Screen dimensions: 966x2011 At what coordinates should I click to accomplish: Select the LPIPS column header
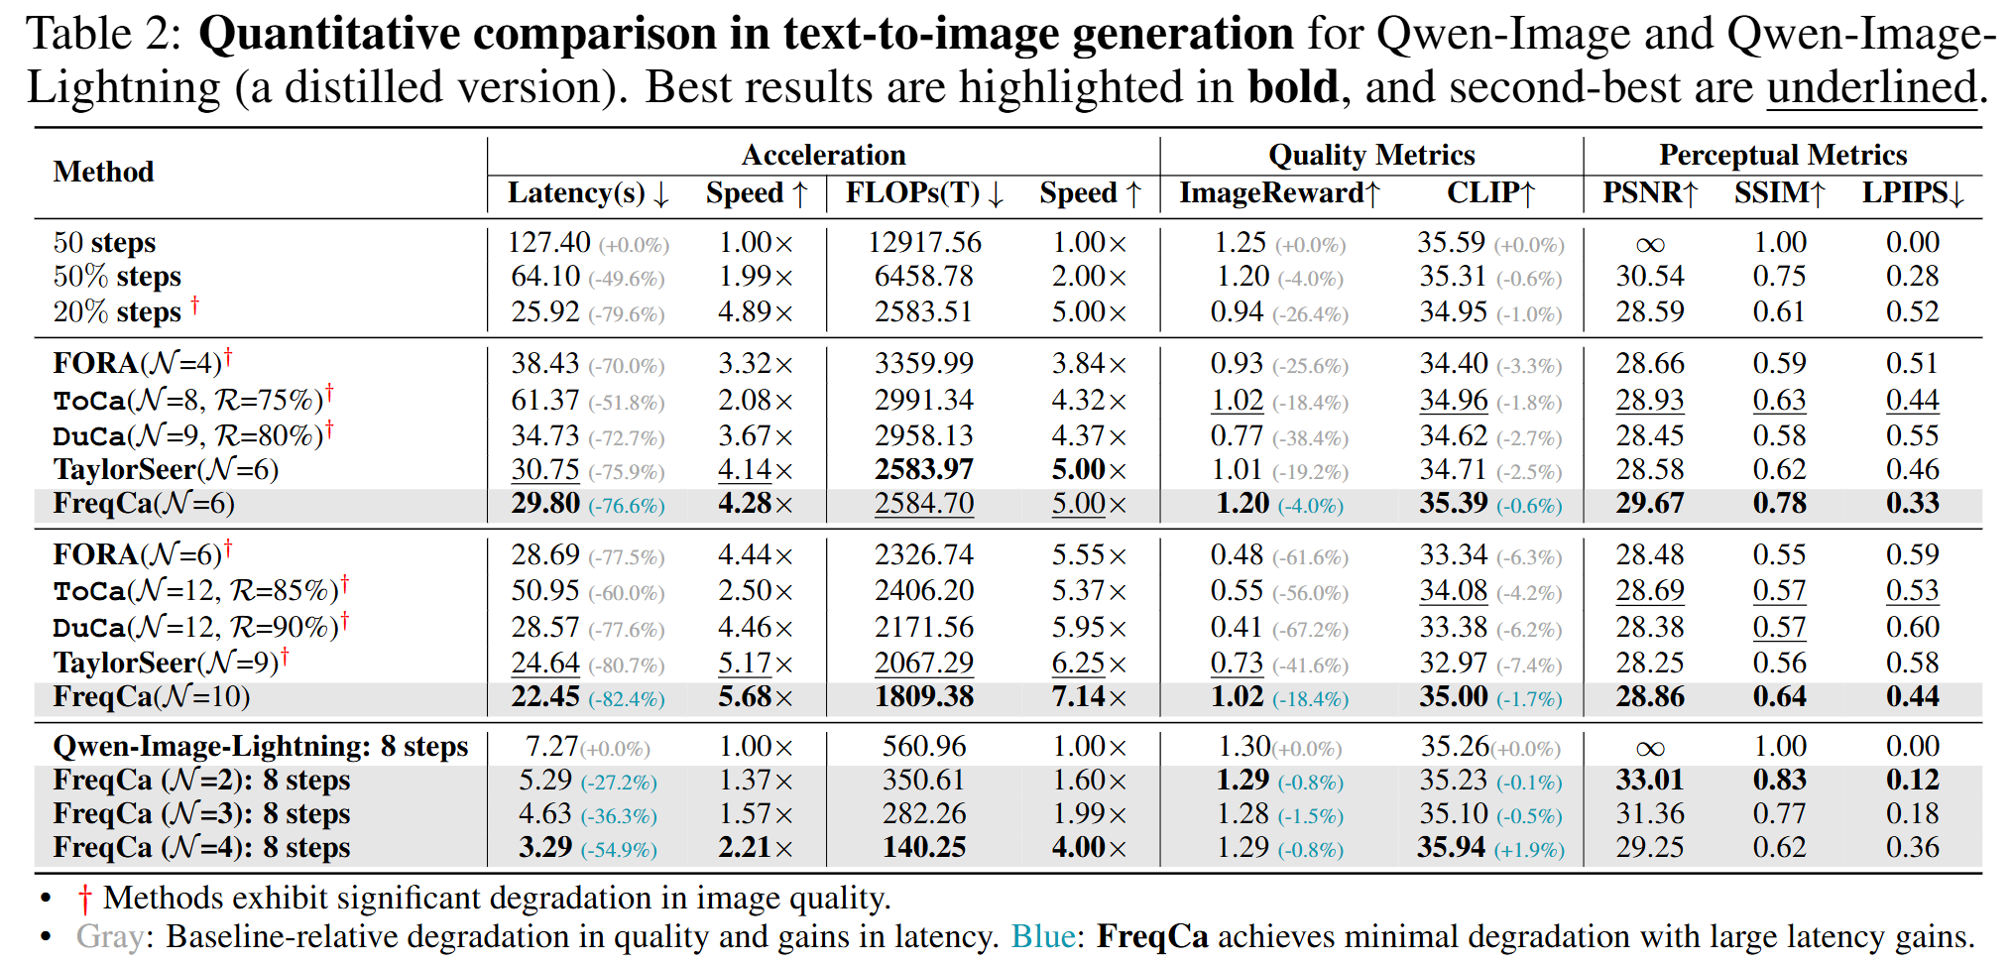pos(1912,192)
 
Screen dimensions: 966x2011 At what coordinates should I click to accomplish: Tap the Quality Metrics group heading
pos(1371,155)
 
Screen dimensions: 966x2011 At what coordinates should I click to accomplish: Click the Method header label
pos(103,172)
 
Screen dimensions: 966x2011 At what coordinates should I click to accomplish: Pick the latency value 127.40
pos(548,242)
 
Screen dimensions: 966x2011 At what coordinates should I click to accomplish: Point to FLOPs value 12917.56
pos(924,242)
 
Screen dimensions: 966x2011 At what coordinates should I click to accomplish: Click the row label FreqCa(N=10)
pos(151,696)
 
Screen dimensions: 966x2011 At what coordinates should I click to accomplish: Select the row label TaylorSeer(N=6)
pos(166,469)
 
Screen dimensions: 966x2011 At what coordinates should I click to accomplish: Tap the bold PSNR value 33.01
pos(1650,780)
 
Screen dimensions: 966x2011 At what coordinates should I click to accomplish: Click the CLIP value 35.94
pos(1451,847)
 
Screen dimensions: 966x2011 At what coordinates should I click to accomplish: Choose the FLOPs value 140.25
pos(924,847)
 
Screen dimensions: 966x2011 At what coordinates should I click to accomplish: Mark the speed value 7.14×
pos(1089,696)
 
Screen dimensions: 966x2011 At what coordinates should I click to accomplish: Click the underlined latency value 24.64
pos(544,663)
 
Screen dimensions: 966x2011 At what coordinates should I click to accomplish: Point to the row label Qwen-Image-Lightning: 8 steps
pos(260,746)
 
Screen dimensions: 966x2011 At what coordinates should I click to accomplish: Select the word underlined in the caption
pos(1871,87)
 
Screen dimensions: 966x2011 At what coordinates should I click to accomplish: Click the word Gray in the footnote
pos(109,936)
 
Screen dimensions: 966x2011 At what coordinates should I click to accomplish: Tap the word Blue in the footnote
pos(1042,936)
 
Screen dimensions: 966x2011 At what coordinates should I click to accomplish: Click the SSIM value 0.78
pos(1779,503)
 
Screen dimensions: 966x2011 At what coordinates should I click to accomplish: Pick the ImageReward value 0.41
pos(1237,627)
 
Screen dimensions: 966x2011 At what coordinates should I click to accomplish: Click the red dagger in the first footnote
pos(85,899)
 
